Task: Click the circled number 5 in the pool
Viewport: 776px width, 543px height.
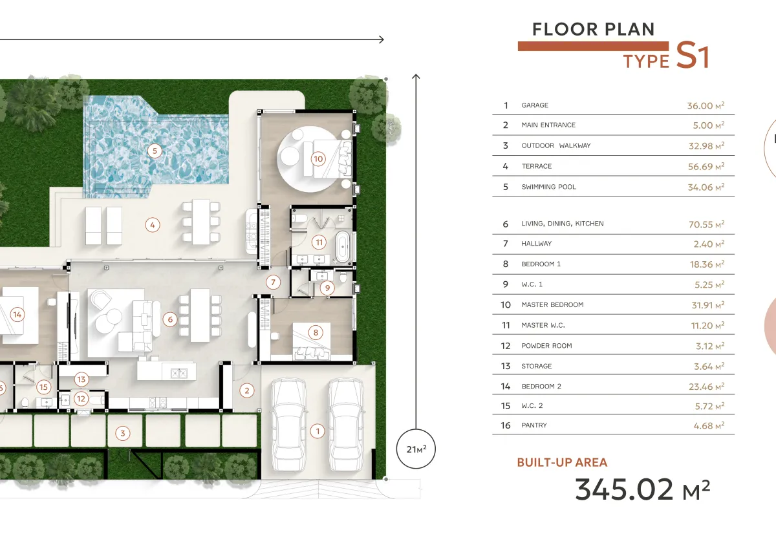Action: pyautogui.click(x=155, y=151)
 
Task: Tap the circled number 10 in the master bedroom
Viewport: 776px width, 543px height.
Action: pyautogui.click(x=318, y=159)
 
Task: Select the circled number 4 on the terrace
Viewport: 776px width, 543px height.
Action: pyautogui.click(x=153, y=225)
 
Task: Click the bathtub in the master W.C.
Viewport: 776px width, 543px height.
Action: pyautogui.click(x=343, y=247)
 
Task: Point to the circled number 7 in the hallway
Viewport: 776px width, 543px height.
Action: pyautogui.click(x=273, y=282)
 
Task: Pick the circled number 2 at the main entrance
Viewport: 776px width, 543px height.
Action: pyautogui.click(x=246, y=390)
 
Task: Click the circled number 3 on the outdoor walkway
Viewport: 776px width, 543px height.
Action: pyautogui.click(x=122, y=433)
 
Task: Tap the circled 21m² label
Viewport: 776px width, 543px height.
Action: pyautogui.click(x=416, y=449)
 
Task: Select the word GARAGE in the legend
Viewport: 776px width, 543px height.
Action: pyautogui.click(x=535, y=105)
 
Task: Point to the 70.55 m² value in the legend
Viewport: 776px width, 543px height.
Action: pyautogui.click(x=706, y=224)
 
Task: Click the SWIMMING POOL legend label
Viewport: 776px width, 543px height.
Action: pyautogui.click(x=549, y=187)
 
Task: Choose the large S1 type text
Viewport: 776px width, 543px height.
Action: pyautogui.click(x=693, y=55)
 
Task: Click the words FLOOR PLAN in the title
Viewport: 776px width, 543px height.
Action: pyautogui.click(x=594, y=29)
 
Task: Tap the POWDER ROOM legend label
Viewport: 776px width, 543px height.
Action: pyautogui.click(x=546, y=346)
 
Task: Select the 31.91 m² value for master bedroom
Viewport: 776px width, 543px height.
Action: pyautogui.click(x=708, y=305)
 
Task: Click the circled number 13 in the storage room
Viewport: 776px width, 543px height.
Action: pyautogui.click(x=81, y=379)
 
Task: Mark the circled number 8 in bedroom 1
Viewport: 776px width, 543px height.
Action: pyautogui.click(x=316, y=333)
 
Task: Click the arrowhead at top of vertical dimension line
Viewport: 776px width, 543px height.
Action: pyautogui.click(x=416, y=76)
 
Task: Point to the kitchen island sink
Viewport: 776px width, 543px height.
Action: pyautogui.click(x=179, y=373)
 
